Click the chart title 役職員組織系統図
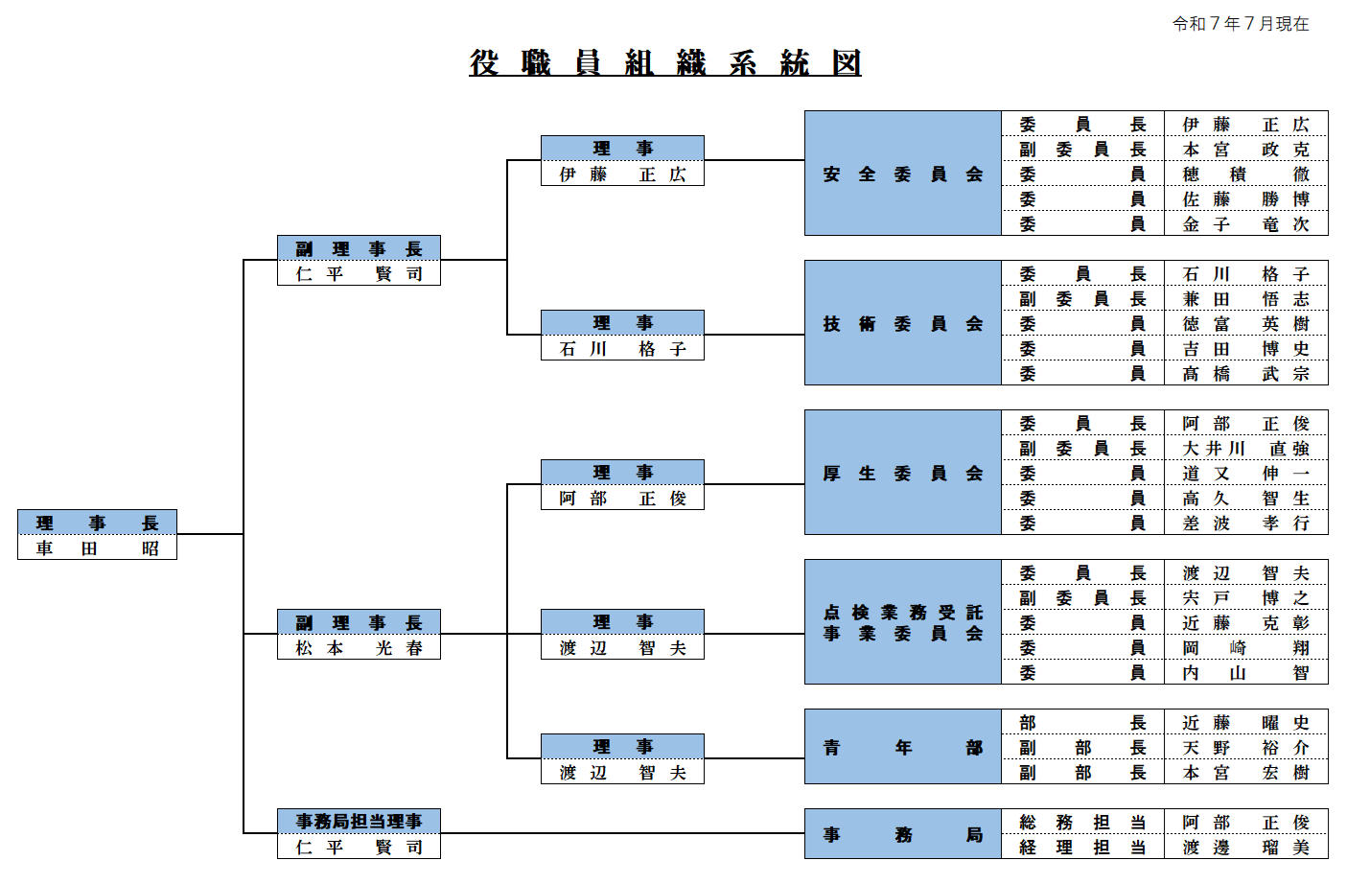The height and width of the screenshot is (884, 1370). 664,63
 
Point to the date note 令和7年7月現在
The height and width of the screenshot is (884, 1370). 1241,24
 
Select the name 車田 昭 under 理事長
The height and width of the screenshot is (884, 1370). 97,548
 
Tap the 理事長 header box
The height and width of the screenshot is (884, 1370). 97,523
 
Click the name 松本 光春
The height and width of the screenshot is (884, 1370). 359,648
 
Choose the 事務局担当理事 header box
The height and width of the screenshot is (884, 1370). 359,822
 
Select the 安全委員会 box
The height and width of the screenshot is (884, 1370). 902,174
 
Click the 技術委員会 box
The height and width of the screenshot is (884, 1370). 902,323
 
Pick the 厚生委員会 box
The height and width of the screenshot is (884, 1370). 902,473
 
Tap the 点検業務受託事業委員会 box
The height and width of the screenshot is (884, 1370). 902,622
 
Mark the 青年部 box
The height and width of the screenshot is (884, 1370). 902,747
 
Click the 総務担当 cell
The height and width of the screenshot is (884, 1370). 1082,823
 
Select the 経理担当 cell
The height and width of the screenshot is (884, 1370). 1082,848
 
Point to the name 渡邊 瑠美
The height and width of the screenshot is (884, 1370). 1245,848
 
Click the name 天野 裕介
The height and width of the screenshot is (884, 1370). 1245,748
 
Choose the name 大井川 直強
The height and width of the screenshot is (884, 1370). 1245,449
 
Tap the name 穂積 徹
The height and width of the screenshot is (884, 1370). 1245,174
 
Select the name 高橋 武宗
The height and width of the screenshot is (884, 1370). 1245,374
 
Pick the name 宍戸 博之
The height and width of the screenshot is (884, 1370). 1245,598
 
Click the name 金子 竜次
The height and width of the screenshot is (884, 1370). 1245,224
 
